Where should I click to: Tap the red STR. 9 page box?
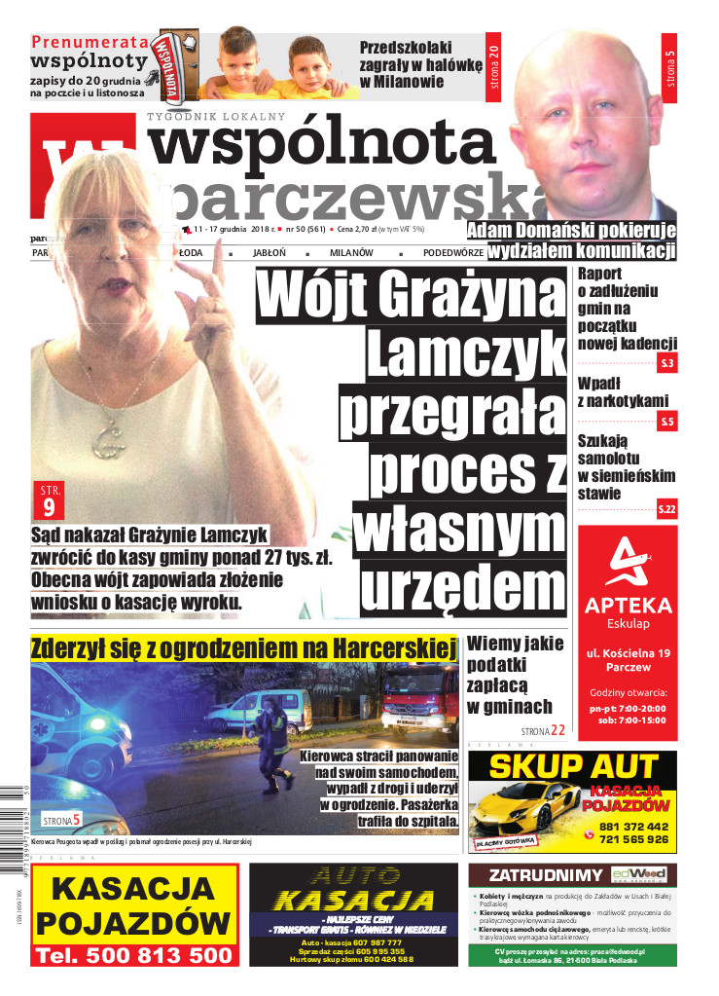click(49, 498)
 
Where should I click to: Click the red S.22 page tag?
click(666, 509)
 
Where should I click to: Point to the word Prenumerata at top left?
click(90, 42)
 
